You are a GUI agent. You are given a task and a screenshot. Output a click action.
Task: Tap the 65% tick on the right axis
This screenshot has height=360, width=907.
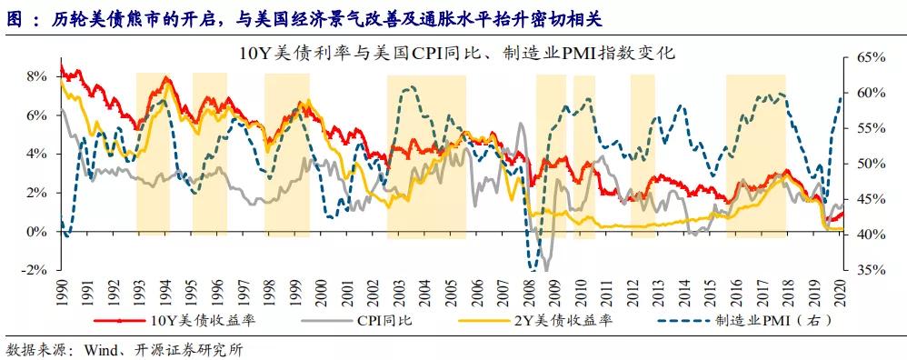[869, 57]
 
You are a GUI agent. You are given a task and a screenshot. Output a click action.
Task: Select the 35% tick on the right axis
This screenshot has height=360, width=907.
[869, 271]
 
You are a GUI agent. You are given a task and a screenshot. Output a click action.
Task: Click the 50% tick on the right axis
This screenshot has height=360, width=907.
[869, 165]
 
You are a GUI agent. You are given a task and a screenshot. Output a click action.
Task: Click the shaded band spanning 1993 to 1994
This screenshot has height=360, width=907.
[153, 155]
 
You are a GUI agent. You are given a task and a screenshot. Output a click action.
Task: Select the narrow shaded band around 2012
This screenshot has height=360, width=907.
[643, 155]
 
